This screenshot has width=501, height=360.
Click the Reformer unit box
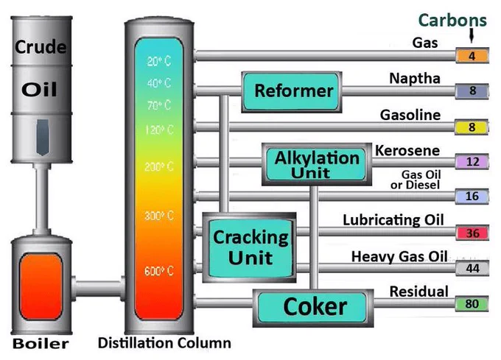(x=292, y=92)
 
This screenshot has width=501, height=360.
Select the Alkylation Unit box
(x=317, y=164)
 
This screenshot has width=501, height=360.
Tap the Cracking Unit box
(x=250, y=247)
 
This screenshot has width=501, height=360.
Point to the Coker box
(x=313, y=308)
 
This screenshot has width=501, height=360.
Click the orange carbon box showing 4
(x=472, y=55)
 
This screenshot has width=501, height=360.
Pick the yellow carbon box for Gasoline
(x=472, y=127)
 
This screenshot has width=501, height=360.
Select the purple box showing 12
(x=472, y=161)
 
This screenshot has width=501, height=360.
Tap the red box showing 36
(x=472, y=233)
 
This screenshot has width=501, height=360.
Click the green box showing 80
(x=472, y=303)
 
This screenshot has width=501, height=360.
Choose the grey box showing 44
(x=472, y=268)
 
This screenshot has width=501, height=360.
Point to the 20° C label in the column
(x=159, y=60)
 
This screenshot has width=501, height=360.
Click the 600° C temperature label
(x=159, y=271)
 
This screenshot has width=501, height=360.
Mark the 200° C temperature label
(x=159, y=166)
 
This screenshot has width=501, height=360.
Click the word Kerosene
(x=407, y=151)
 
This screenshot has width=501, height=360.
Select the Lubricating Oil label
(x=393, y=220)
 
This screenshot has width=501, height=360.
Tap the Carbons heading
(x=452, y=20)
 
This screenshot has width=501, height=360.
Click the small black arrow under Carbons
(x=472, y=35)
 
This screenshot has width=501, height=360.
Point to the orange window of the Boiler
(x=41, y=286)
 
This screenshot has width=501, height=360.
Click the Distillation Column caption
(x=164, y=343)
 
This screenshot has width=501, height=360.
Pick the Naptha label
(x=415, y=79)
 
